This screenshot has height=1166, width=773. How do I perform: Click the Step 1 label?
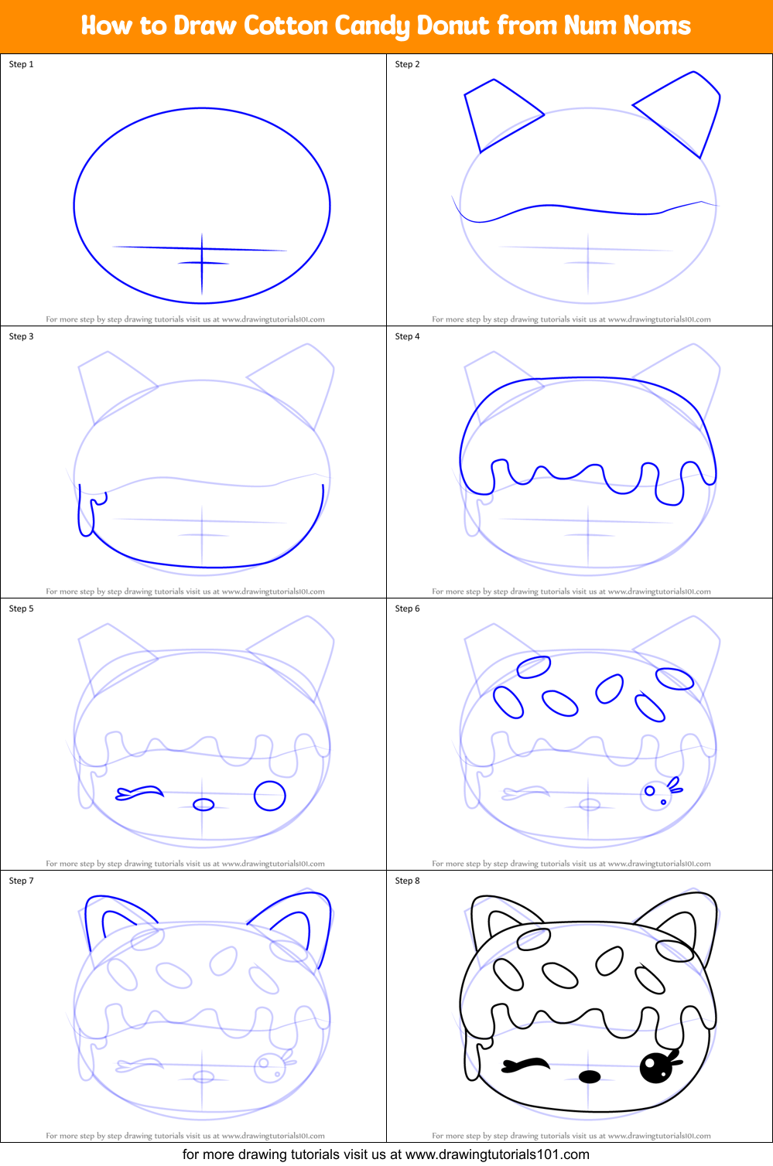pyautogui.click(x=22, y=64)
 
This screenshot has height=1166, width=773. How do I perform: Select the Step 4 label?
pyautogui.click(x=408, y=336)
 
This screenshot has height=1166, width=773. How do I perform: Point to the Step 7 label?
pyautogui.click(x=22, y=881)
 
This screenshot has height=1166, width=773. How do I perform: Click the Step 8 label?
pyautogui.click(x=408, y=881)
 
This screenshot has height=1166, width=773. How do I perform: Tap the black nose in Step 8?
pyautogui.click(x=590, y=1076)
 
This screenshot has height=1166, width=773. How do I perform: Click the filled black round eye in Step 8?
pyautogui.click(x=656, y=1068)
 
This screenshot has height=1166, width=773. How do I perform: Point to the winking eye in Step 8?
pyautogui.click(x=526, y=1065)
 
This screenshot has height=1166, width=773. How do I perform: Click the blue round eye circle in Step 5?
pyautogui.click(x=270, y=795)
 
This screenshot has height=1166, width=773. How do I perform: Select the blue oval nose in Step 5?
pyautogui.click(x=204, y=805)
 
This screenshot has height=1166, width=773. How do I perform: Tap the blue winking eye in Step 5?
pyautogui.click(x=140, y=793)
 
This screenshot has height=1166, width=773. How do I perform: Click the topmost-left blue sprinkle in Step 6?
pyautogui.click(x=534, y=667)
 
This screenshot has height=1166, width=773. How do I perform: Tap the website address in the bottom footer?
pyautogui.click(x=498, y=1154)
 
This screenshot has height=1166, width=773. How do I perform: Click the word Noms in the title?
pyautogui.click(x=657, y=26)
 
